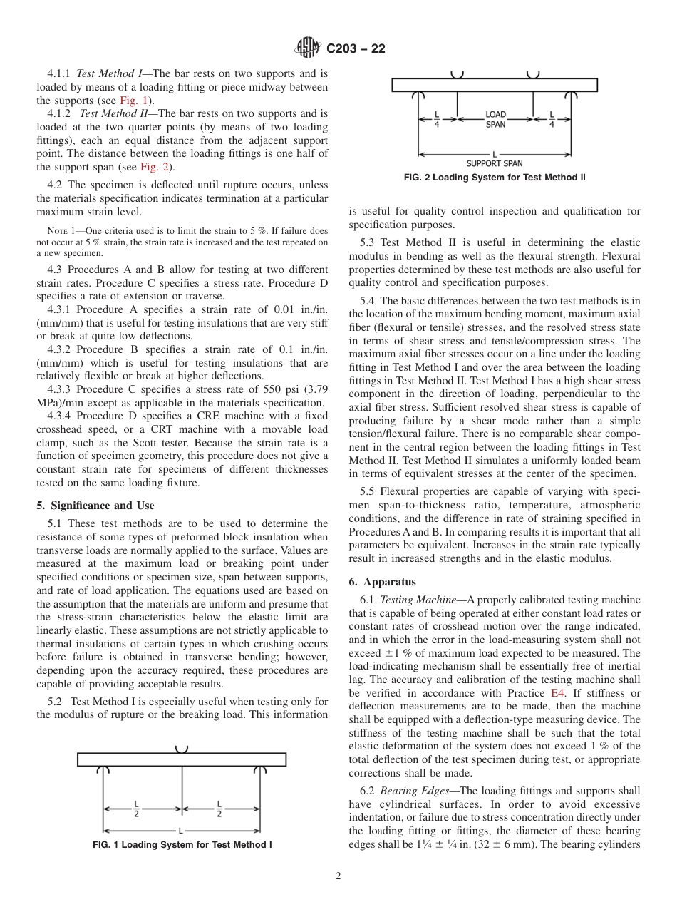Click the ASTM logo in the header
308,48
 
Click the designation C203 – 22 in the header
356,48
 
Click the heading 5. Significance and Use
95,506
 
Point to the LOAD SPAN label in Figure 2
495,119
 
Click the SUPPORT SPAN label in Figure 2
495,163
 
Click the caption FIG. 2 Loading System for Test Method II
495,178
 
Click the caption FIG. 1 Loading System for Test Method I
182,845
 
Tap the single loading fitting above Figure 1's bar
182,748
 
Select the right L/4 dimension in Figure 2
552,119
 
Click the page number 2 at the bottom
338,876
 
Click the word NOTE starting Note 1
56,231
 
